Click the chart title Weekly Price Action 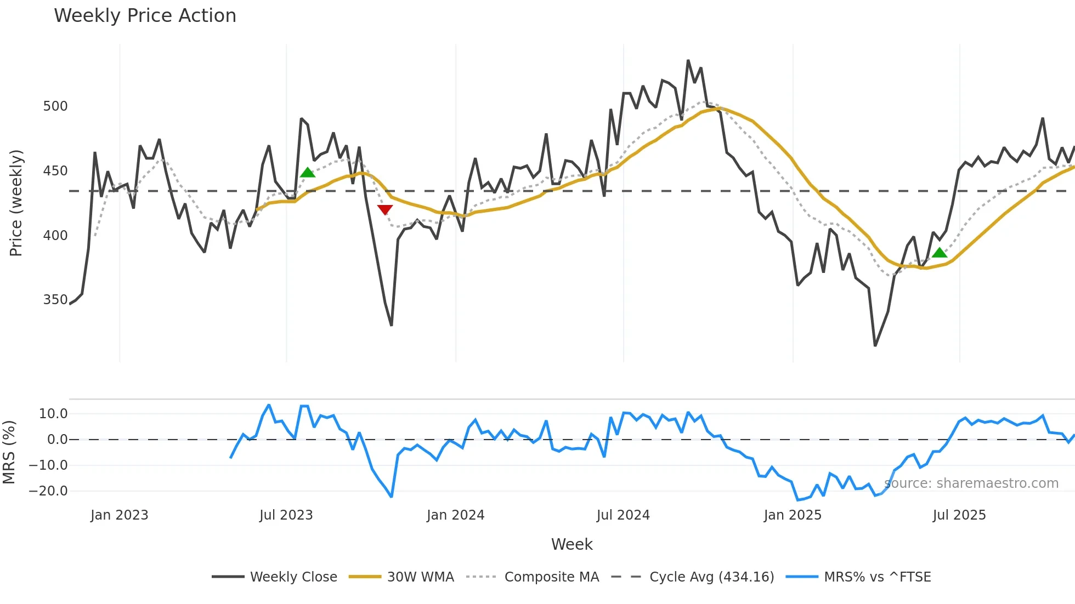[145, 16]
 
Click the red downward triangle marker [385, 209]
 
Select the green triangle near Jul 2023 [308, 173]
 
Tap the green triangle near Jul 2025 [940, 253]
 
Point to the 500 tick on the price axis [55, 106]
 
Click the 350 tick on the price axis [55, 300]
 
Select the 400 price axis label [55, 236]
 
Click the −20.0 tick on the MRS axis [48, 491]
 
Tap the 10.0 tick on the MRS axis [53, 414]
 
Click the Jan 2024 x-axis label [455, 515]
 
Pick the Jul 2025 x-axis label [959, 515]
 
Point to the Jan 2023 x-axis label [119, 515]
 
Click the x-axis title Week [572, 544]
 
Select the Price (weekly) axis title [16, 203]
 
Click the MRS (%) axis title [9, 452]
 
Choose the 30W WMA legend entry [420, 577]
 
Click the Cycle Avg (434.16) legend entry [711, 577]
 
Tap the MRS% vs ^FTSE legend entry [877, 577]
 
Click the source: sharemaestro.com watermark [971, 483]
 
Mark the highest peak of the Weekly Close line [688, 61]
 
